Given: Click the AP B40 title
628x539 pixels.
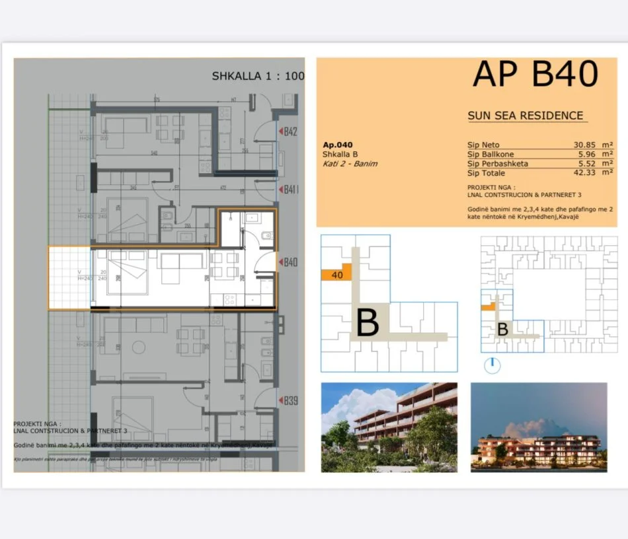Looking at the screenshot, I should coord(535,74).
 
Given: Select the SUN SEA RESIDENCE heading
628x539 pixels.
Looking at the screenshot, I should coord(526,116).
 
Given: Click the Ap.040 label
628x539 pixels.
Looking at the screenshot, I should coord(338,145).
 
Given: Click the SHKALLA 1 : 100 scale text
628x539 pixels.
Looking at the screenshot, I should coord(258,76).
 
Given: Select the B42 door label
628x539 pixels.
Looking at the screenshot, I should coord(290,131).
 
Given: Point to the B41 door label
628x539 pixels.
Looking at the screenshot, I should coord(290,190).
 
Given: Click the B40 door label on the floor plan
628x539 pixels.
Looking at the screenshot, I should coord(290,262).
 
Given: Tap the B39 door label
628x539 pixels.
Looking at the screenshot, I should coord(290,400).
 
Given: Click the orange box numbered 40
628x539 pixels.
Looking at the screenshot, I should coord(336,275).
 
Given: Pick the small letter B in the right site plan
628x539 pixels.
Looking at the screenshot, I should coord(502,329).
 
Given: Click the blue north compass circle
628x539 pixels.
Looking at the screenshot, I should coord(492,365).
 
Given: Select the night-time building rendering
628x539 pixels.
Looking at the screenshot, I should coord(539,427).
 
